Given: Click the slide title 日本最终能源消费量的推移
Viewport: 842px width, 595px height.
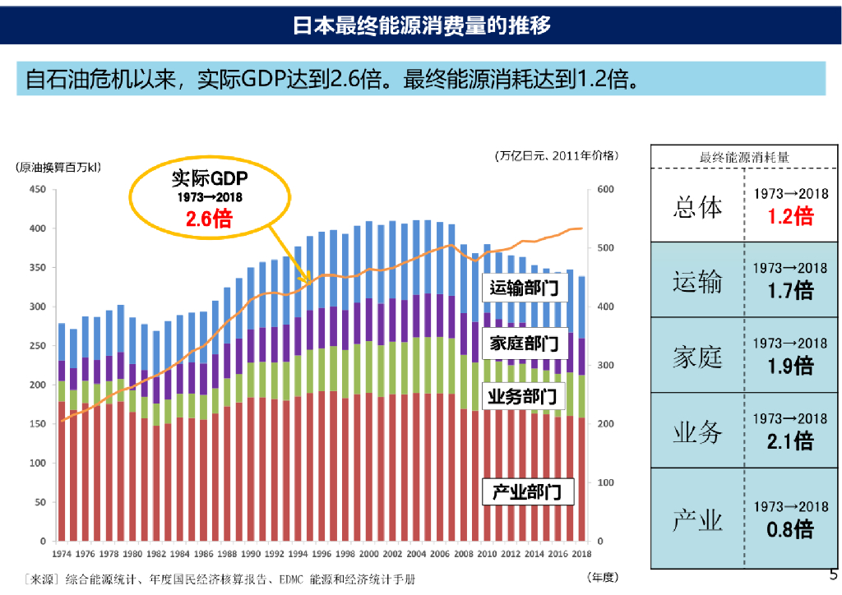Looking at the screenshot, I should coord(421,25).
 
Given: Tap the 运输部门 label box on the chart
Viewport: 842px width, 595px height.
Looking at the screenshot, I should coord(524,288).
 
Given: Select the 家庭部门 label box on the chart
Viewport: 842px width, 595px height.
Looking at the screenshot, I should coord(524,344).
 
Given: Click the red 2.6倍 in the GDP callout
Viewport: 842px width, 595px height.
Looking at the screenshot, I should coord(208,219).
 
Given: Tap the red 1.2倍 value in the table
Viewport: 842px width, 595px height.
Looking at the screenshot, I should coord(790,215).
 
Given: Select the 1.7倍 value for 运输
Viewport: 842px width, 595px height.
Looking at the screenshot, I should coord(790,290).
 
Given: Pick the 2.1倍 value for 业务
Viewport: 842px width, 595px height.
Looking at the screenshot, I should coord(790,441).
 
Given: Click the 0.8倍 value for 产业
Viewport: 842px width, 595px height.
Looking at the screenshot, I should coord(790,529).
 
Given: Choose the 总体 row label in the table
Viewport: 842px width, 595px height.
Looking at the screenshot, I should coord(697,206).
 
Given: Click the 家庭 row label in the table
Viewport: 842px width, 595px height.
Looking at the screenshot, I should coord(697,357).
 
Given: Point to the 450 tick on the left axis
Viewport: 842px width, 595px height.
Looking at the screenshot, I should coord(37,189).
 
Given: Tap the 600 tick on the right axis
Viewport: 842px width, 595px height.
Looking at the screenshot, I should coord(605,189).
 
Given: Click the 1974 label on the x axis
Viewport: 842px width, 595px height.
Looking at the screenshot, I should coord(62,555).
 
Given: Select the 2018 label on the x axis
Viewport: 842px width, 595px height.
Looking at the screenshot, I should coord(581,555).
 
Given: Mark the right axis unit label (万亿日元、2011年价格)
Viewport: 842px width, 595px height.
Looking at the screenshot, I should coord(557,155).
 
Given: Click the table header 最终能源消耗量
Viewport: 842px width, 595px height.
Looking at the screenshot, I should coord(745,157).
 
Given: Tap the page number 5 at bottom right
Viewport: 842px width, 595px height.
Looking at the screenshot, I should coord(833,574).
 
